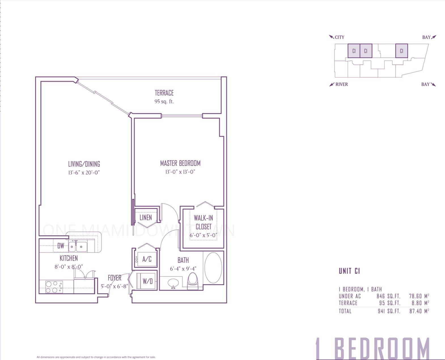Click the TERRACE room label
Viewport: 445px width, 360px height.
(x=164, y=93)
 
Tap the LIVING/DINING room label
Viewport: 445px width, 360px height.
(x=84, y=164)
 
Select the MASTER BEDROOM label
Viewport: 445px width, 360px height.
(x=180, y=163)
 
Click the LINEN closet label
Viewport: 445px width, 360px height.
(x=146, y=218)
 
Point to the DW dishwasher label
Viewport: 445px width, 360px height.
(x=61, y=246)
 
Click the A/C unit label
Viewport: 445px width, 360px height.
(x=147, y=259)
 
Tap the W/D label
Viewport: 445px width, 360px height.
(x=147, y=281)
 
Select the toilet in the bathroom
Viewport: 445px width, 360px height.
(x=193, y=281)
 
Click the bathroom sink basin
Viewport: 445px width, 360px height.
(x=173, y=283)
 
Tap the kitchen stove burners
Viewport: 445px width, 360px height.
(x=54, y=287)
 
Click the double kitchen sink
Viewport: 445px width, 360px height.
(x=77, y=247)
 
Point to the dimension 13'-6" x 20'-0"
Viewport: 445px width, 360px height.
(x=84, y=172)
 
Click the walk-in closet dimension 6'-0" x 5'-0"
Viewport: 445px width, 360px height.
(x=203, y=235)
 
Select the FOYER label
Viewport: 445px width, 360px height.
(x=115, y=278)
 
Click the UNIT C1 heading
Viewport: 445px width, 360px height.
(x=349, y=271)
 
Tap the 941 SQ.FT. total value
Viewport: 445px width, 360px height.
(x=389, y=311)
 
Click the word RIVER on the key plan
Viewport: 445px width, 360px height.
(x=342, y=84)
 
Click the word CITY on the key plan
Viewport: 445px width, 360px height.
(x=339, y=37)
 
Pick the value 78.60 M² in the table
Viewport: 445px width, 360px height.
(x=419, y=296)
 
